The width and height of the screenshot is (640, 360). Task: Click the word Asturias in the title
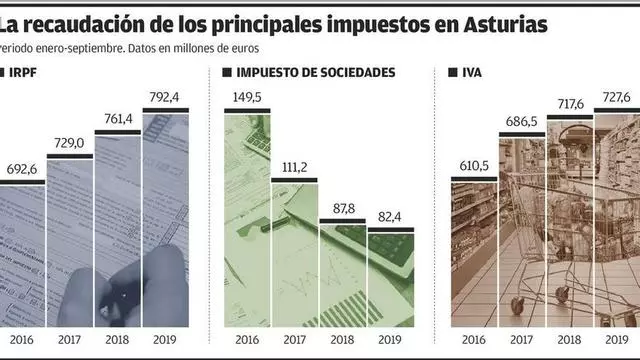505,25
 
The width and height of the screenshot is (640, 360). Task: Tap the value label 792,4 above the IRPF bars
164,97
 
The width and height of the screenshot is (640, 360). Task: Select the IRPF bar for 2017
70,241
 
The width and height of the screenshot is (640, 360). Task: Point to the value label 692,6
22,169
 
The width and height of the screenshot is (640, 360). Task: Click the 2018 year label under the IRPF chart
117,340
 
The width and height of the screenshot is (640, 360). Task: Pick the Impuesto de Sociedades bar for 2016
247,218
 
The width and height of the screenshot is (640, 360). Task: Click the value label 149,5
247,98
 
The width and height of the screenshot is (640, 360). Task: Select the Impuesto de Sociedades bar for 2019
391,278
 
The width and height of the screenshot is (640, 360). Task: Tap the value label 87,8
344,209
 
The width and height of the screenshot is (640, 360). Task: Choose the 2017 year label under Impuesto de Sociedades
295,340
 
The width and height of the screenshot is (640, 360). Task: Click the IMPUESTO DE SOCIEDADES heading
316,73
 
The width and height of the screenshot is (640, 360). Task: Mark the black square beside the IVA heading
453,72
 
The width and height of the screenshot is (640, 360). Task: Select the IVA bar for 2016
474,252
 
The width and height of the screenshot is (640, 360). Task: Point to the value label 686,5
521,122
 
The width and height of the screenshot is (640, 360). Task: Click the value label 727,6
616,97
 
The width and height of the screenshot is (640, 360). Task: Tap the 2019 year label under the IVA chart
617,340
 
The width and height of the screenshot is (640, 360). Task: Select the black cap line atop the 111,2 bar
294,180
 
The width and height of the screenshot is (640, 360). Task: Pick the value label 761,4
118,119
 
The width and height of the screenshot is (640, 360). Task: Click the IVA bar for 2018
570,221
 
